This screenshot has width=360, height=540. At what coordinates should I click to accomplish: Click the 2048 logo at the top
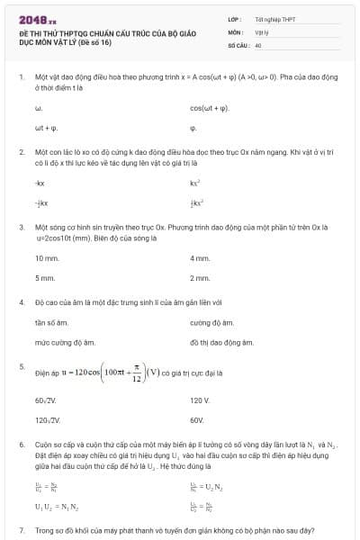[x=40, y=18]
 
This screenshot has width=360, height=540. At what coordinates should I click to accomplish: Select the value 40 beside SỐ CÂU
[x=257, y=44]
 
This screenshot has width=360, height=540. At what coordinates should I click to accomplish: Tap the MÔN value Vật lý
[x=262, y=31]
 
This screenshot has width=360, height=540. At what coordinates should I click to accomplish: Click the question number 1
[x=21, y=76]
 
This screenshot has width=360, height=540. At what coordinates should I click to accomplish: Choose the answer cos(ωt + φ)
[x=210, y=107]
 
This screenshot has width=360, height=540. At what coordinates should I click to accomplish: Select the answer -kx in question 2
[x=39, y=183]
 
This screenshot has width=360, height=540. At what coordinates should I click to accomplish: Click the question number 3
[x=21, y=229]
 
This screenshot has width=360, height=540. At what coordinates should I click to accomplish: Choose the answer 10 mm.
[x=46, y=258]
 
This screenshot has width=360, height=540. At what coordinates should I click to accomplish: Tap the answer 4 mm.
[x=200, y=258]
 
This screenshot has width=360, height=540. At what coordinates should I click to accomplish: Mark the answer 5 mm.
[x=44, y=278]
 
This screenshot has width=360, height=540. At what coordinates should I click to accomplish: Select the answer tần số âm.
[x=51, y=322]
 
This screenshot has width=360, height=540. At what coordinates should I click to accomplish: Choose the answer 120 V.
[x=200, y=400]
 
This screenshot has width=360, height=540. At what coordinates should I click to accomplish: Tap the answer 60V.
[x=197, y=419]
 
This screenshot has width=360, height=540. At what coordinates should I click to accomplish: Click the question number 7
[x=21, y=531]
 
